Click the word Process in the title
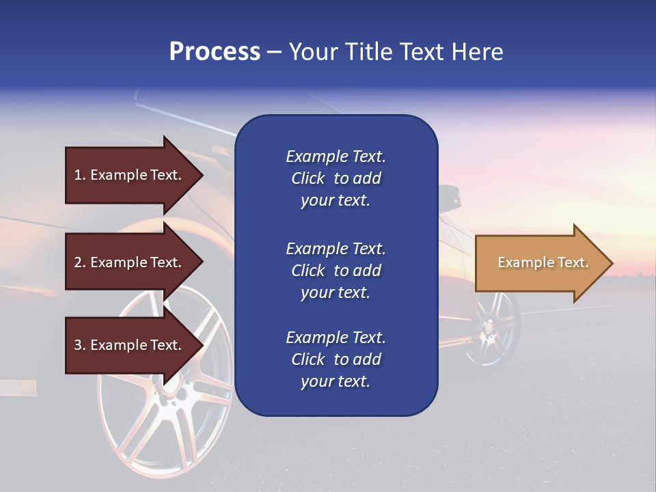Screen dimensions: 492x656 (215, 52)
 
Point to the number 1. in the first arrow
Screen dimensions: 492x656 (80, 175)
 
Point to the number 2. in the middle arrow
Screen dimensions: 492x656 (80, 262)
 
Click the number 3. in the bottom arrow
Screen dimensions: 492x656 (80, 345)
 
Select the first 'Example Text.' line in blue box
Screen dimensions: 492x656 (336, 156)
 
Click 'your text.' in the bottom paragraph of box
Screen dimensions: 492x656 (336, 381)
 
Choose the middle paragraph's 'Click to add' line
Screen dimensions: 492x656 (336, 271)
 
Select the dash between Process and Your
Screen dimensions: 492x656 (274, 52)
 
